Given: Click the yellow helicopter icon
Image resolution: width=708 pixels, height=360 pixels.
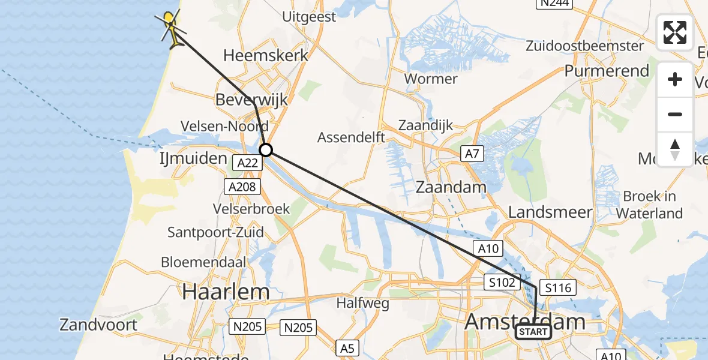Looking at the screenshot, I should click(171, 28).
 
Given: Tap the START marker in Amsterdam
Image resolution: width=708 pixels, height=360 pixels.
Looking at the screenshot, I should click(533, 332).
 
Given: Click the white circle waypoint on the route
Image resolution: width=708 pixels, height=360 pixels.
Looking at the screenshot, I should click(266, 149).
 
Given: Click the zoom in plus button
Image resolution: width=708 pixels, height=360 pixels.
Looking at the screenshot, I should click(675, 80).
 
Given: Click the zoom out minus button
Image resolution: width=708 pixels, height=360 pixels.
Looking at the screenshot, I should click(675, 115).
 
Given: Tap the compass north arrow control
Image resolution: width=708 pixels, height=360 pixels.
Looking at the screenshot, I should click(675, 149).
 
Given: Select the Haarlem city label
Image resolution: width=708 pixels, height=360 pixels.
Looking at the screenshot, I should click(226, 292).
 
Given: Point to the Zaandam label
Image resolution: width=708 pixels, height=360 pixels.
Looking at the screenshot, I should click(451, 187).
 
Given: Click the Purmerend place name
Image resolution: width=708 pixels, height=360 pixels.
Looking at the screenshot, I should click(607, 71).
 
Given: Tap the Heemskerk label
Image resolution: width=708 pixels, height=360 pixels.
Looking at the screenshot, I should click(266, 56).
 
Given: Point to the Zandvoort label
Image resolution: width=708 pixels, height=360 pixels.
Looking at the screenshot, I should click(98, 325).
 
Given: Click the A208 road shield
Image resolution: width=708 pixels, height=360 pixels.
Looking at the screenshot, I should click(243, 187).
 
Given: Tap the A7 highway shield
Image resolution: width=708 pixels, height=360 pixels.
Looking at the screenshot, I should click(472, 154).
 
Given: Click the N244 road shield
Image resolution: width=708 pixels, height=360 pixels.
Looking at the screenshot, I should click(554, 4).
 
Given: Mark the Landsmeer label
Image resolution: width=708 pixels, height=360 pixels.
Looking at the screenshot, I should click(550, 212).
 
